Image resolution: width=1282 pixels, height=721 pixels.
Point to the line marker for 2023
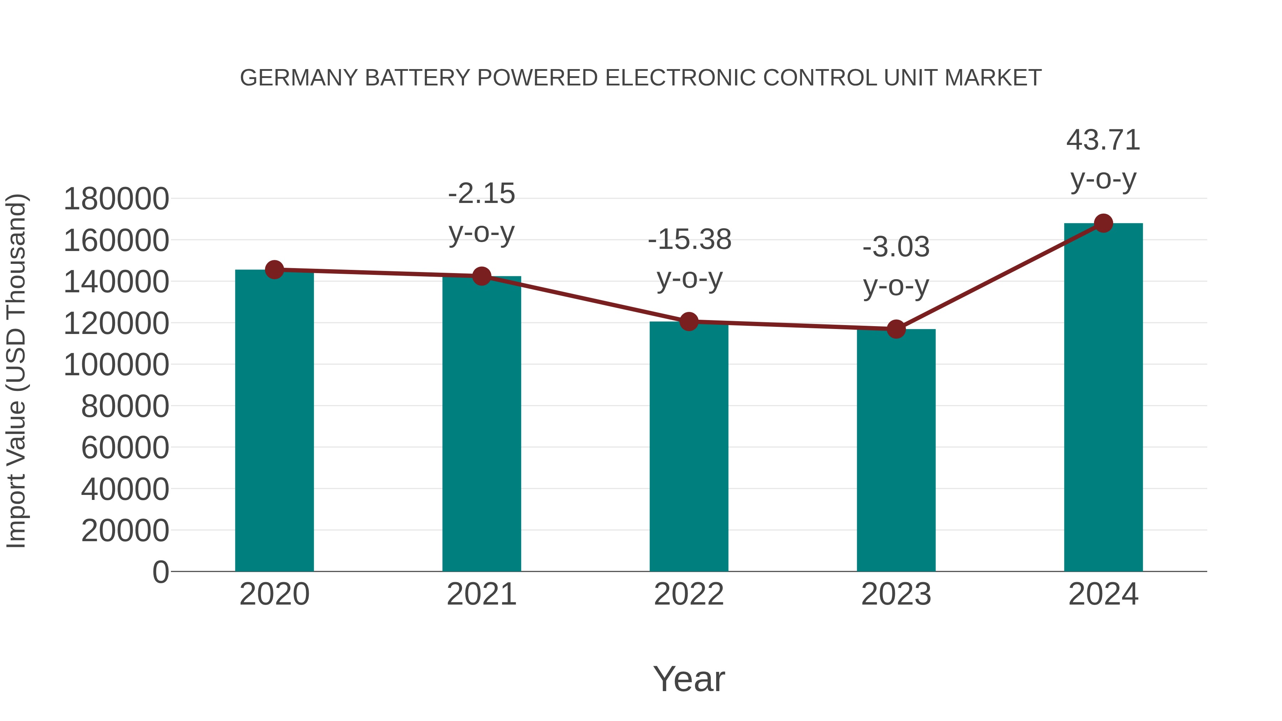tap(896, 329)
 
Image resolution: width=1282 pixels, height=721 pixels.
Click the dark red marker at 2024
tap(1103, 223)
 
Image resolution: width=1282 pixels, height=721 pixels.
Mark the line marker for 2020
tap(274, 270)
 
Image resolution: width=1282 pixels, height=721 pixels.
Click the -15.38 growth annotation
tap(689, 240)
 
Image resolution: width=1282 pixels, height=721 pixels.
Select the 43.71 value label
tap(1103, 140)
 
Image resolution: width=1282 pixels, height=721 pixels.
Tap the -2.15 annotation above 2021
tap(481, 194)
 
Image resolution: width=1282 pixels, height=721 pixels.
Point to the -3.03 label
tap(896, 247)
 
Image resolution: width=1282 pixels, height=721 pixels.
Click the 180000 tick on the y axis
tap(116, 199)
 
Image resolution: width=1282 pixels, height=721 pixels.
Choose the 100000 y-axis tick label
tap(116, 365)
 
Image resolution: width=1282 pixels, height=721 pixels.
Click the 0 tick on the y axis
tap(160, 572)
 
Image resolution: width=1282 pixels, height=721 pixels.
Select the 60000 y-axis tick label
tap(125, 447)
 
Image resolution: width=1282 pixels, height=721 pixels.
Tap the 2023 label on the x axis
tap(896, 594)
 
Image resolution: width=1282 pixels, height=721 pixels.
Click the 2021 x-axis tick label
tap(481, 594)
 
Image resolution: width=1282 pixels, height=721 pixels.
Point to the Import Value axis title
tap(16, 371)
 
